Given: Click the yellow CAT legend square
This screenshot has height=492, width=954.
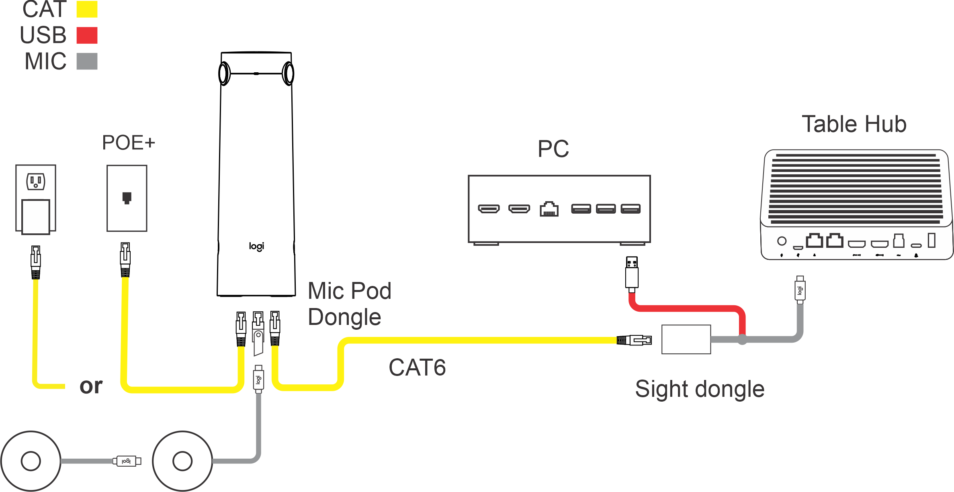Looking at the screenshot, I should (x=87, y=9).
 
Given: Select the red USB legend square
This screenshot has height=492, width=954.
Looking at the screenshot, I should (x=87, y=35).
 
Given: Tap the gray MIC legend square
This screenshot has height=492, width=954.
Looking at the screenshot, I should (x=87, y=61).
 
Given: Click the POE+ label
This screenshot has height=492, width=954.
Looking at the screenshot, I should (x=128, y=143).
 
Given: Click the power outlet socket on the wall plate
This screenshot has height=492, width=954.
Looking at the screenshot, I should (x=36, y=181).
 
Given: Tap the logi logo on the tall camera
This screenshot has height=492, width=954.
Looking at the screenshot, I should (x=256, y=246).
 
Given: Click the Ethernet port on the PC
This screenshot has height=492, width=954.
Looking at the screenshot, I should (x=549, y=209).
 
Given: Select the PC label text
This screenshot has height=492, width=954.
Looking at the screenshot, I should (x=553, y=149).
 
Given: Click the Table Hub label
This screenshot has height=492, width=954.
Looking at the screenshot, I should (x=854, y=124).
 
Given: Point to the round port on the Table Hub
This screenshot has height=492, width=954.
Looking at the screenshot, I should (x=782, y=241).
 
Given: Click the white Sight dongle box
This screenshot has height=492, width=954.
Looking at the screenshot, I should (x=686, y=339).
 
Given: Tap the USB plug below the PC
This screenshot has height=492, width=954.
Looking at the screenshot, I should (x=632, y=273).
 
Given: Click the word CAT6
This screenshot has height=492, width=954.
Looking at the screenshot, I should (x=417, y=367).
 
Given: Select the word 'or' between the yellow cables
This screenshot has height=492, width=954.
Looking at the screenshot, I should (x=91, y=386).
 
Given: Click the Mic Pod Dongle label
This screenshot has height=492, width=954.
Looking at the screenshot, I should (x=349, y=304).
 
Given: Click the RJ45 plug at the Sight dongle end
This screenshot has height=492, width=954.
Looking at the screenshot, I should (x=635, y=340).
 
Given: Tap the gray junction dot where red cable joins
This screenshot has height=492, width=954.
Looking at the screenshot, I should (x=742, y=340).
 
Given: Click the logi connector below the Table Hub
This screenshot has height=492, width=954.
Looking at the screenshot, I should (x=800, y=290).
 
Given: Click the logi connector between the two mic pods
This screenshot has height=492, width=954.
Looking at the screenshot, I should (x=127, y=461).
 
